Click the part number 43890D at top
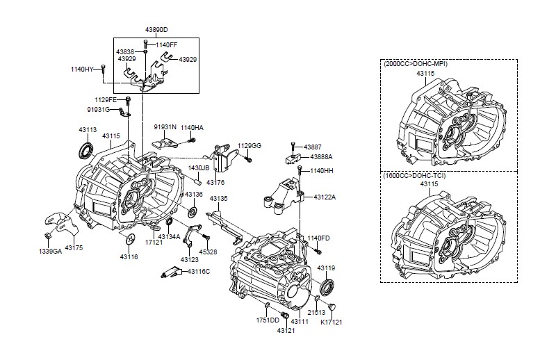pyautogui.click(x=156, y=30)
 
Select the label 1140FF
pyautogui.click(x=166, y=45)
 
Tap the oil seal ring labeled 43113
pyautogui.click(x=85, y=149)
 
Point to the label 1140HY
pyautogui.click(x=82, y=69)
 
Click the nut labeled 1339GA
pyautogui.click(x=47, y=236)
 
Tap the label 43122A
pyautogui.click(x=325, y=197)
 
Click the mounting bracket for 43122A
pyautogui.click(x=284, y=197)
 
